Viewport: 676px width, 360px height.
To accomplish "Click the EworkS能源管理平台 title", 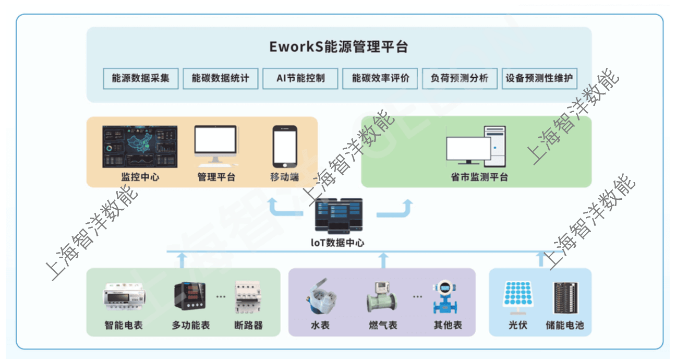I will (x=339, y=46).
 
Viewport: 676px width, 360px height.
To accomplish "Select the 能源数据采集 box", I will (x=140, y=78).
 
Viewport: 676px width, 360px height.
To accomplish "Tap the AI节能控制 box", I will (x=300, y=78).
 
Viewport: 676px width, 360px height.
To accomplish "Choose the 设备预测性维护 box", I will (x=539, y=78).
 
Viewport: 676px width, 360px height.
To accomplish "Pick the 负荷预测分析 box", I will (x=460, y=78).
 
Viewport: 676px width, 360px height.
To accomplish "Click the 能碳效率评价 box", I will (x=380, y=78).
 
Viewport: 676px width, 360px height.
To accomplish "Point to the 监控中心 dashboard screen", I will (x=140, y=147).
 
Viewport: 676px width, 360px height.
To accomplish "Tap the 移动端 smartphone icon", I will (x=284, y=147).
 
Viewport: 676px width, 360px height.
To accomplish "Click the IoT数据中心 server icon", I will (x=339, y=215).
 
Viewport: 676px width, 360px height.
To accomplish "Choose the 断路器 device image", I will (x=248, y=297).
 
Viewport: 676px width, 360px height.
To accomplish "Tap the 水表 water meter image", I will (x=319, y=297).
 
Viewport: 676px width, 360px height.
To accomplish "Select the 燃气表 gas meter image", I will (x=382, y=298).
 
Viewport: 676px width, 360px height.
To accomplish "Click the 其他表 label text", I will (x=448, y=326).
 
